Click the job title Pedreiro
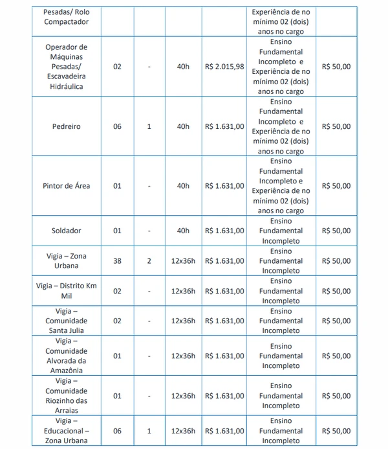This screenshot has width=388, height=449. pyautogui.click(x=67, y=126)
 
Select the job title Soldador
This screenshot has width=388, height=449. pyautogui.click(x=67, y=231)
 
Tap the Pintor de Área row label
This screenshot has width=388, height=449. pyautogui.click(x=67, y=186)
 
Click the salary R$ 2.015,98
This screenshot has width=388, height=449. pyautogui.click(x=224, y=67)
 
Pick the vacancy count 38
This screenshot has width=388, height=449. pyautogui.click(x=117, y=261)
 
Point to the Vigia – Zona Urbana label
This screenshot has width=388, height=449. pyautogui.click(x=67, y=261)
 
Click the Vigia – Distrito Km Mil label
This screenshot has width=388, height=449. pyautogui.click(x=67, y=291)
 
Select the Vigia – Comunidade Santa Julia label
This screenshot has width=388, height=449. pyautogui.click(x=67, y=321)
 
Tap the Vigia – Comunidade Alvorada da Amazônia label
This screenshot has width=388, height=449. pyautogui.click(x=67, y=356)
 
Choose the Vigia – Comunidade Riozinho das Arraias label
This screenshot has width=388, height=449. pyautogui.click(x=67, y=396)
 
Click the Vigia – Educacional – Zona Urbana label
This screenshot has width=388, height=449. pyautogui.click(x=67, y=431)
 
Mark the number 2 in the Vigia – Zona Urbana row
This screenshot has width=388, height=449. pyautogui.click(x=149, y=261)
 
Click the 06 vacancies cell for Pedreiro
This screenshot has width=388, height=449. pyautogui.click(x=117, y=126)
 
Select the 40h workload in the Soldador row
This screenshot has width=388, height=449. pyautogui.click(x=183, y=231)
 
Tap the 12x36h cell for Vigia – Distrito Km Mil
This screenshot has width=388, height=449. pyautogui.click(x=183, y=291)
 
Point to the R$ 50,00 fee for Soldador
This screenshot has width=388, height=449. pyautogui.click(x=336, y=231)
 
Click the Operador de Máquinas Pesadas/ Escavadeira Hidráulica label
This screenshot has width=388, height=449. pyautogui.click(x=67, y=67)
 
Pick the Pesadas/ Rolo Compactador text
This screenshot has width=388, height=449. pyautogui.click(x=67, y=17)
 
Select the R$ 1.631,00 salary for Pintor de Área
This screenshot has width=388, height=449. pyautogui.click(x=224, y=186)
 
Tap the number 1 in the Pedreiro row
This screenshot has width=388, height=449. pyautogui.click(x=149, y=126)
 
